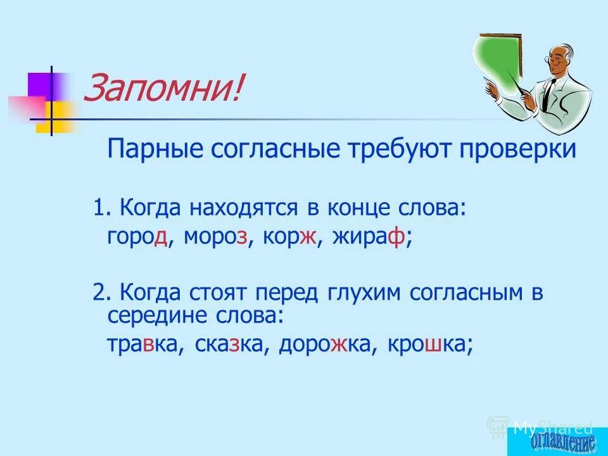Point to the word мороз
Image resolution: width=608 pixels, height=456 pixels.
tap(216, 237)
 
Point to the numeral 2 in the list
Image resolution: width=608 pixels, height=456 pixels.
tap(98, 293)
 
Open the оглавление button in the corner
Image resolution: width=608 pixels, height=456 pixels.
tap(558, 441)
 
